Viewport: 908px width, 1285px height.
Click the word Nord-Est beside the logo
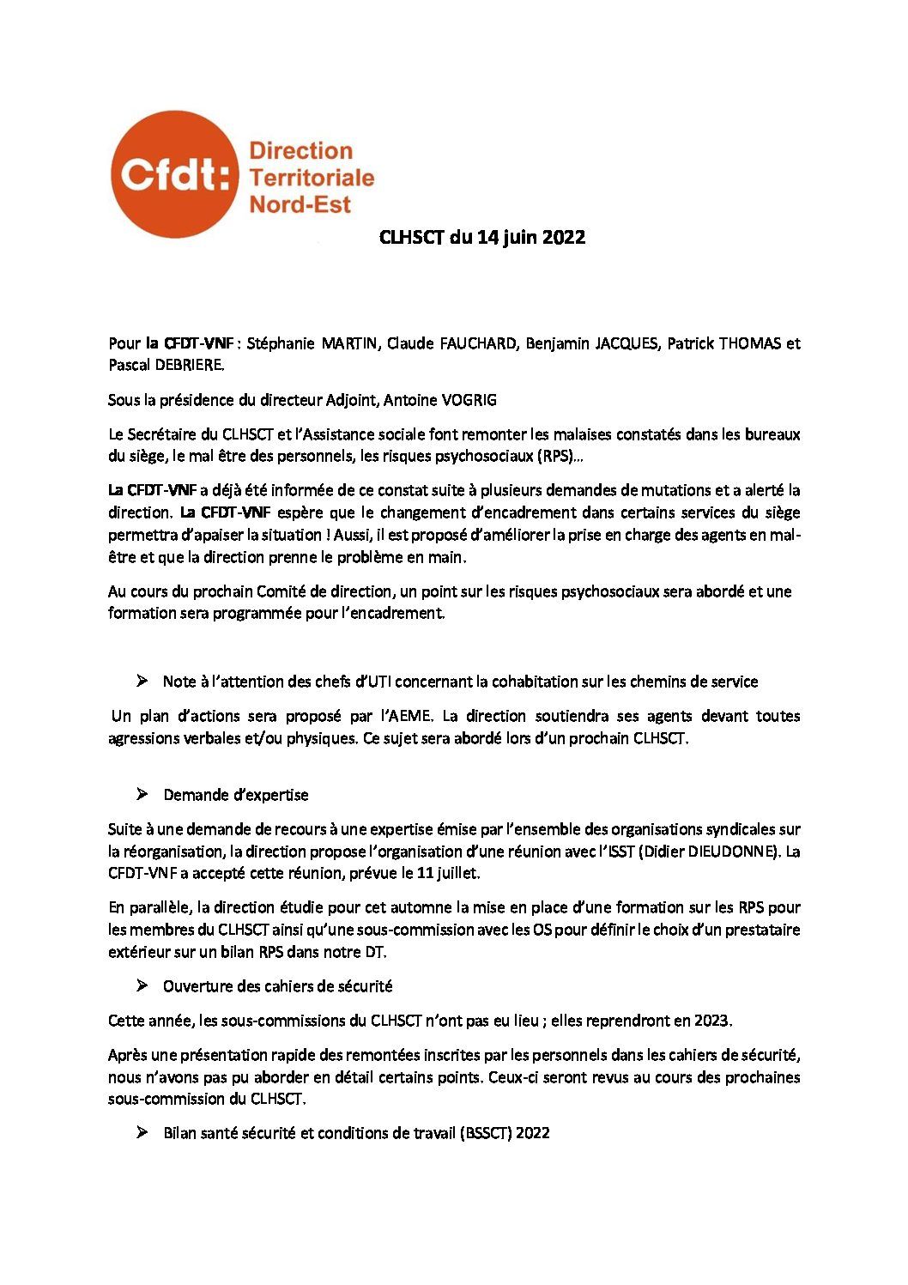point(300,204)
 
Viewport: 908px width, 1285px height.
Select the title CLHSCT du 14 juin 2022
point(482,238)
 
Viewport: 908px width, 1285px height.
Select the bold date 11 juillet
point(446,873)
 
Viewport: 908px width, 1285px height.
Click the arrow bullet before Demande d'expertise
point(142,794)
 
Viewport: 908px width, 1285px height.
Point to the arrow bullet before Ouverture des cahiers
point(142,985)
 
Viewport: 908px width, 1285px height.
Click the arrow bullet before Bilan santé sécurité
point(142,1132)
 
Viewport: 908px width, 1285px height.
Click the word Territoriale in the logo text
point(311,178)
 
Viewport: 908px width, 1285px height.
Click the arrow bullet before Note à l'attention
point(142,681)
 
